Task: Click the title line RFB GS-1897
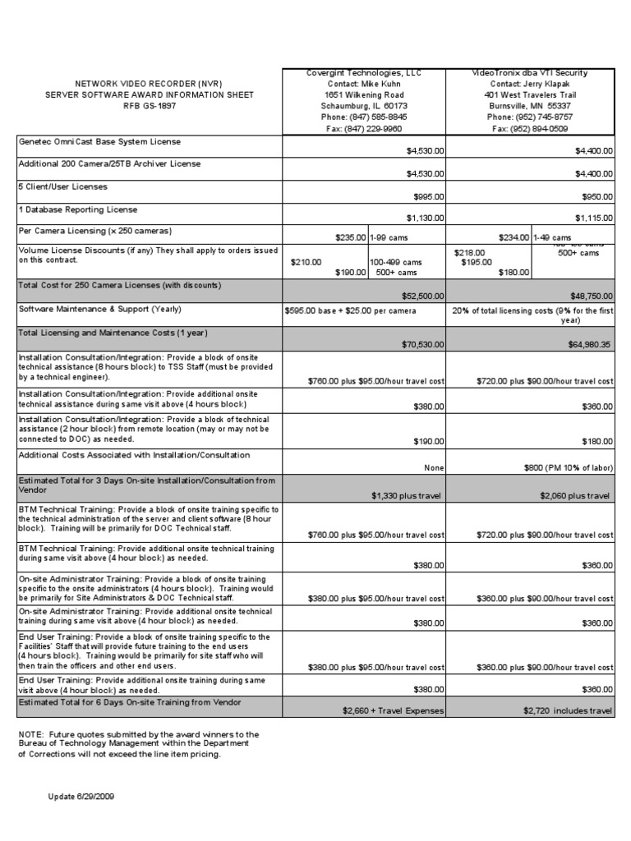click(x=149, y=106)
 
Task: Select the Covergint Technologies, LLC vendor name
click(x=363, y=73)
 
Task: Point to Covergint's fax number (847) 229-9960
click(x=363, y=128)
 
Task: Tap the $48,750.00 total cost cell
click(x=587, y=295)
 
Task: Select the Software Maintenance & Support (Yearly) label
click(x=100, y=310)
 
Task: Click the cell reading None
click(x=434, y=467)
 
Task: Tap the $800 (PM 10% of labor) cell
click(x=568, y=467)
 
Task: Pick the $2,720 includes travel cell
click(x=568, y=710)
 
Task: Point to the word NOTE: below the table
click(x=31, y=733)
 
